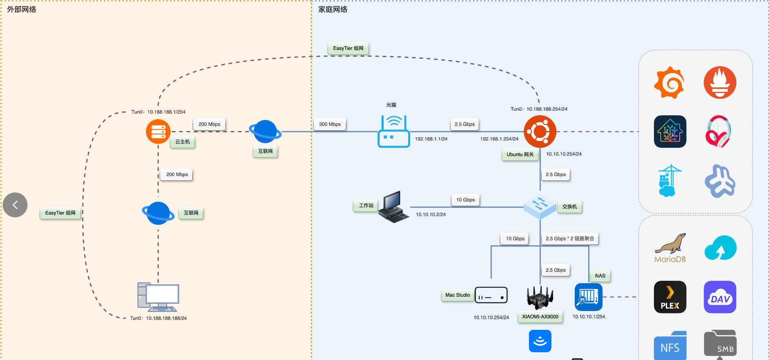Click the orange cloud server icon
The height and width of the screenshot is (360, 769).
[x=158, y=131]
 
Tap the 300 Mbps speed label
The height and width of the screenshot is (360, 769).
[x=330, y=124]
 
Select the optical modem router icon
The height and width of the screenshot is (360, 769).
[x=393, y=131]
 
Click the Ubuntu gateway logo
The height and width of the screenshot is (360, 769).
[x=540, y=131]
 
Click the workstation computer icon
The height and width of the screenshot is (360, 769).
[x=393, y=207]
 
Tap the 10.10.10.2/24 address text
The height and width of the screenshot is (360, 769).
[x=431, y=215]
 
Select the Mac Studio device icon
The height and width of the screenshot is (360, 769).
[x=491, y=295]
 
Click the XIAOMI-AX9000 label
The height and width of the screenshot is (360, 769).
[x=540, y=317]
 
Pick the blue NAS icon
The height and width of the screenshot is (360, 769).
[x=588, y=297]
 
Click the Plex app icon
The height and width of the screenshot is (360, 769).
[x=670, y=297]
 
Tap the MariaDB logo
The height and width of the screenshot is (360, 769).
[x=670, y=248]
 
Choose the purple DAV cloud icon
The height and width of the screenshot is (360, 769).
[x=720, y=297]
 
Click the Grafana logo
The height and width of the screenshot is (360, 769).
[x=669, y=82]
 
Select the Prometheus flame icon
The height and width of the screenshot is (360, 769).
[x=720, y=82]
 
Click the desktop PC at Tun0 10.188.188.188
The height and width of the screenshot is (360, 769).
[x=158, y=297]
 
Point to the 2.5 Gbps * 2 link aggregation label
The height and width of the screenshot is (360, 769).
[x=570, y=239]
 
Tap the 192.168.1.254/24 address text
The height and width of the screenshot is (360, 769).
[x=499, y=139]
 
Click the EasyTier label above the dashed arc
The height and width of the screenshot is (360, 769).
[x=348, y=48]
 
